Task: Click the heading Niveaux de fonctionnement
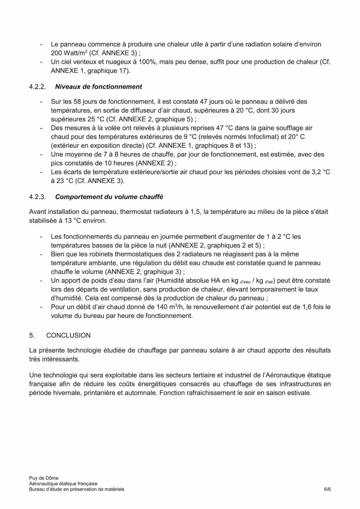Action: (x=98, y=87)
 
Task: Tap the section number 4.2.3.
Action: (x=37, y=197)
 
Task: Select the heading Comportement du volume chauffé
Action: (x=109, y=197)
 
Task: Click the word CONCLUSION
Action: (x=68, y=335)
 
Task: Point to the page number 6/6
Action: (x=327, y=489)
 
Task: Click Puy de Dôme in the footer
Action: (x=44, y=478)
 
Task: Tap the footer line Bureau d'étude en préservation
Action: (x=77, y=489)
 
